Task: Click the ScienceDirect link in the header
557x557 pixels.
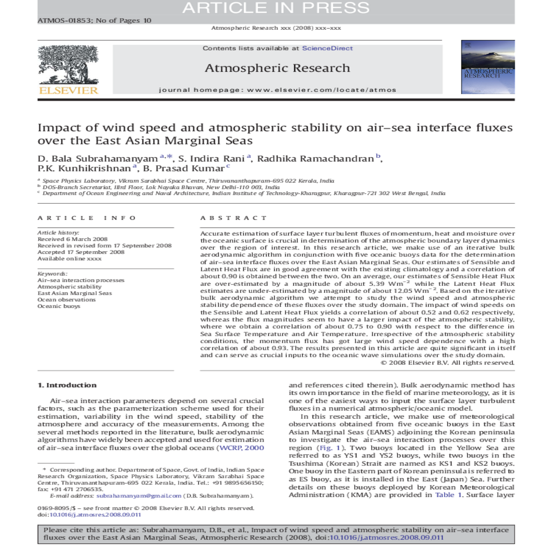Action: pos(327,48)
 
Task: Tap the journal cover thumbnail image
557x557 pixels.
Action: pos(487,67)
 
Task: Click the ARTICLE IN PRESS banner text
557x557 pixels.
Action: pos(276,8)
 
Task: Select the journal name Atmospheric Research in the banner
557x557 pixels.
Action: pos(277,68)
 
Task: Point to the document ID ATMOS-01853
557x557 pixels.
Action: pos(64,20)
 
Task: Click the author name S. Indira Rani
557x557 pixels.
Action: pos(212,159)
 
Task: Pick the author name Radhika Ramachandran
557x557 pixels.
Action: pos(316,159)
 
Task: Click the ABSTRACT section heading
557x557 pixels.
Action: pos(233,218)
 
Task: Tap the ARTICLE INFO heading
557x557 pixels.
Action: pos(87,218)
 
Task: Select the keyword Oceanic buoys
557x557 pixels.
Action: pos(59,306)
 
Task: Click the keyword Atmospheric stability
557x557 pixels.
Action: pos(70,287)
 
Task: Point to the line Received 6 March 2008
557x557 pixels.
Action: pos(72,239)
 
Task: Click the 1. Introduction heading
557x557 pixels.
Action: pos(67,385)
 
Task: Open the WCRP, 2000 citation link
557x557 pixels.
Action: pos(241,448)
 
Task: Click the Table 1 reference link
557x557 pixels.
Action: pos(448,495)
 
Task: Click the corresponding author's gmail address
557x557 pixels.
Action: pos(139,496)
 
